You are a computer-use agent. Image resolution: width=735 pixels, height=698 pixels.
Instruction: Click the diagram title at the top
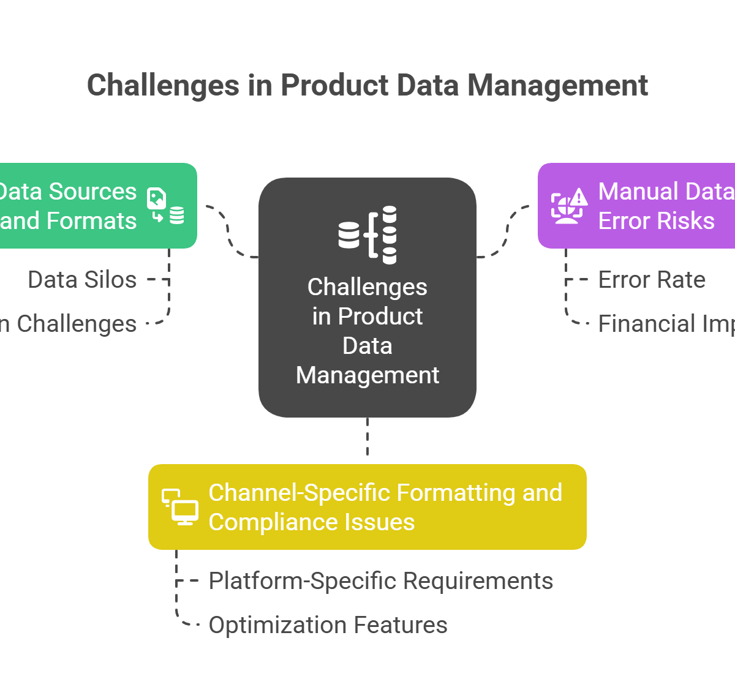(x=367, y=85)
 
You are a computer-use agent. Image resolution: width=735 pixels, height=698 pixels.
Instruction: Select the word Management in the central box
(x=367, y=375)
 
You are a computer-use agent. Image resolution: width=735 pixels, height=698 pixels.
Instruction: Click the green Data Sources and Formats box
(x=92, y=206)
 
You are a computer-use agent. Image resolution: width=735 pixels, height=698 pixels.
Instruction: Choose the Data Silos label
(x=82, y=280)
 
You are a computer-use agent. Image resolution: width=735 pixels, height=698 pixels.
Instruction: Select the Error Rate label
(x=652, y=280)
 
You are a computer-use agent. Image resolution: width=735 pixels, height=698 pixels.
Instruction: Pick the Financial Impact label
(x=666, y=324)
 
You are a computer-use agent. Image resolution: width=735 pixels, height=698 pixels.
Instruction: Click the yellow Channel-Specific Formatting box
(x=367, y=507)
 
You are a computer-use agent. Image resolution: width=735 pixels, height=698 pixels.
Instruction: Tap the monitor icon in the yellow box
(x=180, y=507)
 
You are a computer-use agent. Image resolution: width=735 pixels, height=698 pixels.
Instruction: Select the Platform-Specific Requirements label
(x=381, y=580)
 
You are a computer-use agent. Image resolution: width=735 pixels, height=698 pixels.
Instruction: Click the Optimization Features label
(x=328, y=625)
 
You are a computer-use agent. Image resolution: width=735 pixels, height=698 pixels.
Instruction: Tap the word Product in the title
(x=334, y=85)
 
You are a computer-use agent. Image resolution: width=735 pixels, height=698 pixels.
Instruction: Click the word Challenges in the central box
(x=367, y=287)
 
